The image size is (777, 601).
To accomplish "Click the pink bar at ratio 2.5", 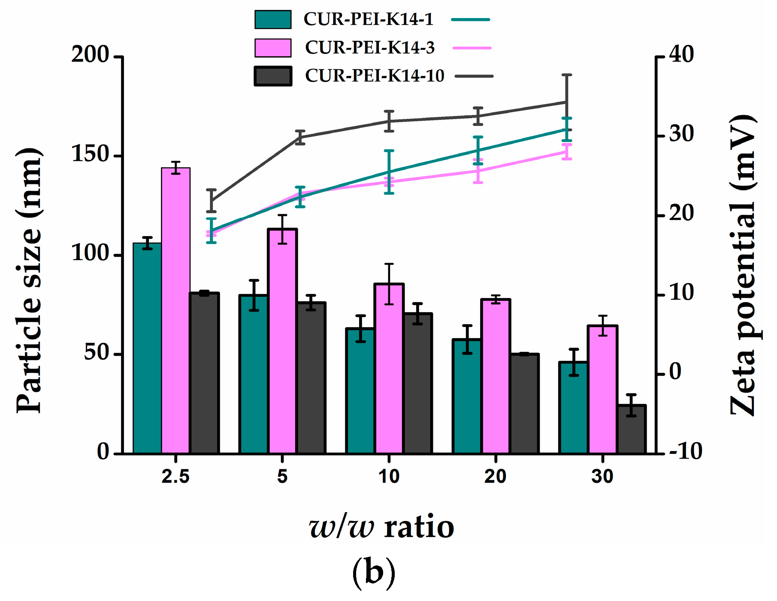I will point(175,311).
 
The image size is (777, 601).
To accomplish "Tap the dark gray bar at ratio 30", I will point(631,429).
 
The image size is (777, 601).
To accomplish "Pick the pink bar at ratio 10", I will point(389,369).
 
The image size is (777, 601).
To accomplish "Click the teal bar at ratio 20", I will point(467,396).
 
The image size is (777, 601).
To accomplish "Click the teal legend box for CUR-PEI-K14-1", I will point(273,20).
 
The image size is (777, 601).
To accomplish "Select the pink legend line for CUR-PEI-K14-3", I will point(472,48).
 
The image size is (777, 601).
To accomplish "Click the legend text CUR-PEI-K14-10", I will point(374,76).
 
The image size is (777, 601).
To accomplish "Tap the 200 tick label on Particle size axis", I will point(90,55).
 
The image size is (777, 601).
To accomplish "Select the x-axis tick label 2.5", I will point(175,477).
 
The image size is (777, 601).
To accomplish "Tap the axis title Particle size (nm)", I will point(29,281).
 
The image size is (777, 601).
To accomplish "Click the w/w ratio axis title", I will point(381,527).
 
